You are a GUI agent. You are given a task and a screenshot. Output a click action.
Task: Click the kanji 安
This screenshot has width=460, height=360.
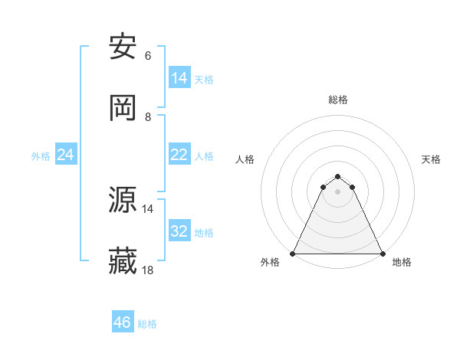click(x=123, y=47)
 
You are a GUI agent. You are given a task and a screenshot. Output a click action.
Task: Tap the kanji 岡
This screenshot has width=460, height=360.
click(x=123, y=109)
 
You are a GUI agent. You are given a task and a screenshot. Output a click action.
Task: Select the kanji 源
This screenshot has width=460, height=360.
click(x=123, y=201)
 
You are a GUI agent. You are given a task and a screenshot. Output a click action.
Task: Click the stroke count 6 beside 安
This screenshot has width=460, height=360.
click(x=147, y=56)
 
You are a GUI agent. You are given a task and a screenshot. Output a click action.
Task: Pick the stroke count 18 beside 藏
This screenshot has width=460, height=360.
click(x=148, y=270)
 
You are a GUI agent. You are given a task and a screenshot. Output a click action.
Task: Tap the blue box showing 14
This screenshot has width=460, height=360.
click(x=179, y=78)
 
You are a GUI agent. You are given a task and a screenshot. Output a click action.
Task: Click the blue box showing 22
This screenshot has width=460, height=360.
click(x=179, y=155)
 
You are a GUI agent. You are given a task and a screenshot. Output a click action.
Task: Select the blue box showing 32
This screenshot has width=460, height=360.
click(x=179, y=231)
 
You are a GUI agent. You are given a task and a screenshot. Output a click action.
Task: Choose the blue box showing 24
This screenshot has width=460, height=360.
click(x=66, y=155)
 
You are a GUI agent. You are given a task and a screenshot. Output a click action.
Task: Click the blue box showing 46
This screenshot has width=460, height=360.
click(x=123, y=322)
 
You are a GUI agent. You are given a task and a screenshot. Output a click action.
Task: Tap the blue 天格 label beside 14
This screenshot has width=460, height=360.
click(x=204, y=79)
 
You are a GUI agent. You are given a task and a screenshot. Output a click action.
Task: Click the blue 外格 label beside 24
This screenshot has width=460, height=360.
click(x=41, y=155)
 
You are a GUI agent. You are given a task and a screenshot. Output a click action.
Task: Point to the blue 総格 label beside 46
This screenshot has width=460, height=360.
click(x=147, y=324)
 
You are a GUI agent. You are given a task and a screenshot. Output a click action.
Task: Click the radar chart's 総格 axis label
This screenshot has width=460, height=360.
click(x=337, y=100)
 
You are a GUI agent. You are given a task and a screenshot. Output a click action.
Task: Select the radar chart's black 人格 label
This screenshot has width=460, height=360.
click(x=245, y=159)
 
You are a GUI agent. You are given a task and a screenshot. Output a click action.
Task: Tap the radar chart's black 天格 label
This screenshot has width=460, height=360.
click(x=431, y=159)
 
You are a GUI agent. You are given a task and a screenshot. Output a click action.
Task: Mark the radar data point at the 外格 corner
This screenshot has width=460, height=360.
click(x=293, y=254)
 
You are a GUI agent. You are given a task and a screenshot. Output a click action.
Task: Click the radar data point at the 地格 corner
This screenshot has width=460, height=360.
click(x=382, y=254)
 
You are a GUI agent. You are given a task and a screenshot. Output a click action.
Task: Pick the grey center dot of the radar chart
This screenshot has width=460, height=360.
click(x=337, y=191)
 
